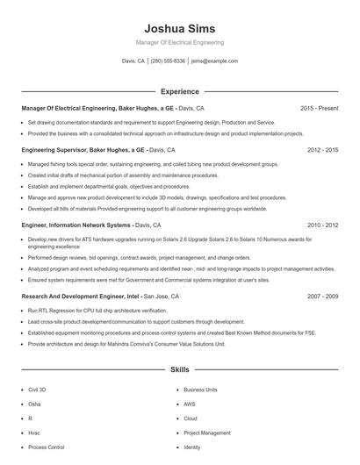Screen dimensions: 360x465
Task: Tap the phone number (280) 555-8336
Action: [x=168, y=61]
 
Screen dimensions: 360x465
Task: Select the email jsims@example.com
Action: [x=214, y=61]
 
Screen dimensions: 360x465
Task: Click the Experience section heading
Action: [x=179, y=91]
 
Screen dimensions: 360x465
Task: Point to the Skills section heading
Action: [x=179, y=371]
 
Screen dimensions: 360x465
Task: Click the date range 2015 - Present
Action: [x=319, y=109]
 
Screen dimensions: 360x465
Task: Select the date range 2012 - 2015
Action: [x=322, y=150]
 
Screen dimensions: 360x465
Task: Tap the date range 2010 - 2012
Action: [x=322, y=225]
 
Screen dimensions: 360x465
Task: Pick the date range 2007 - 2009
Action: [x=322, y=297]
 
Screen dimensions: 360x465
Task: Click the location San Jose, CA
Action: [x=161, y=297]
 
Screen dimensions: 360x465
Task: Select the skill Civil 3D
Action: [x=39, y=390]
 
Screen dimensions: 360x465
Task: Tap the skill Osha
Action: [x=34, y=404]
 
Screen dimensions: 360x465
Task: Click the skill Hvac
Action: [x=34, y=433]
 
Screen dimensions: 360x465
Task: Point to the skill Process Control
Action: [x=46, y=447]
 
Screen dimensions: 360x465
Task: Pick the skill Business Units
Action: [x=200, y=390]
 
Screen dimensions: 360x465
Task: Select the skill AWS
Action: [x=190, y=404]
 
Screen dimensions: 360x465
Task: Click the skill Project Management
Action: [x=207, y=433]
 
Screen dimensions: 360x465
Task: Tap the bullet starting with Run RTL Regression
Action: [x=88, y=311]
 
